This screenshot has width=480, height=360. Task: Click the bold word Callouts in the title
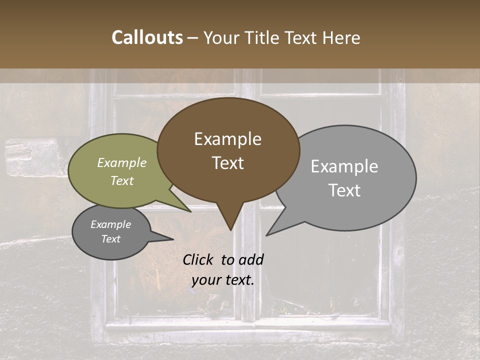pos(147,37)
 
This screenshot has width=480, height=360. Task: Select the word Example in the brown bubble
pos(227,139)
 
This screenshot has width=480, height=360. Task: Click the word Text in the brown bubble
pos(227,163)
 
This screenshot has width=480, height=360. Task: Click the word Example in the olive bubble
pos(122,162)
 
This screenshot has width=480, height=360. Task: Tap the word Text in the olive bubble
pos(122,180)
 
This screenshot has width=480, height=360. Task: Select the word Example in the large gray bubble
pos(344,166)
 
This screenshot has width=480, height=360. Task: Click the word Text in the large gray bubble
pos(344,190)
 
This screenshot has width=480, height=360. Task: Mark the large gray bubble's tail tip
pos(267,234)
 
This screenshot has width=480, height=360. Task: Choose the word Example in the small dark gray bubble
pos(111,224)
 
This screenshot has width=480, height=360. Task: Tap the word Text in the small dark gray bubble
pos(111,239)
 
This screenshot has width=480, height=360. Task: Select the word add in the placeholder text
pos(251,259)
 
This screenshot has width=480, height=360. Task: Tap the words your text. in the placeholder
pos(223,280)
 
